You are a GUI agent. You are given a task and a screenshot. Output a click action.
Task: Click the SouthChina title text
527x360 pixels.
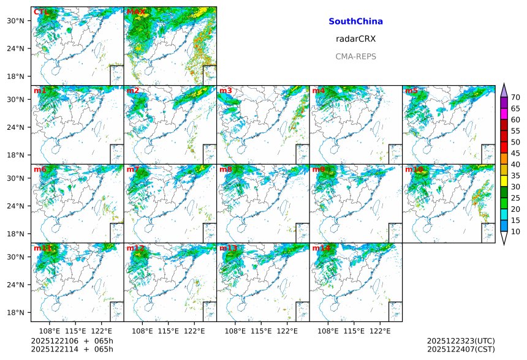point(355,21)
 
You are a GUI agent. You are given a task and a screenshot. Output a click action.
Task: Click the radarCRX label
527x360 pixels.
point(355,39)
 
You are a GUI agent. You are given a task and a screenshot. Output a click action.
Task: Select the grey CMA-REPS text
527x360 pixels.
point(355,56)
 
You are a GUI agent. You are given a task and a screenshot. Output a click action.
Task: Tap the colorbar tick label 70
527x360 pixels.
point(516,97)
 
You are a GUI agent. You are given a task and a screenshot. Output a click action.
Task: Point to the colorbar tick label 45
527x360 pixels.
point(516,153)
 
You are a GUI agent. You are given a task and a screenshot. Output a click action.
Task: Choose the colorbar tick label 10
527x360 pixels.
point(516,231)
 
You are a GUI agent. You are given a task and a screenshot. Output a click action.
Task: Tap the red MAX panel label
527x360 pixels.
point(136,12)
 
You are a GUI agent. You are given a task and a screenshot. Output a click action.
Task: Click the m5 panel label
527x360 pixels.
point(411,91)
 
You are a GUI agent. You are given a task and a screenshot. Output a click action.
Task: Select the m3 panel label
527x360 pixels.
point(226,91)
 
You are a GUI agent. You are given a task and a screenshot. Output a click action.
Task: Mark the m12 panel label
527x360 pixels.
point(135,248)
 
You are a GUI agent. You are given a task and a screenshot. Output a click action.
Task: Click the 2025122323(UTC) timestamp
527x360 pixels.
point(461,340)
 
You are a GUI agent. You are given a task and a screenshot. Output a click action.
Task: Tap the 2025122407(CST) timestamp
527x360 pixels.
point(461,349)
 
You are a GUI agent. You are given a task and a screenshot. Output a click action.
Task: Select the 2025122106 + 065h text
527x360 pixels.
point(72,340)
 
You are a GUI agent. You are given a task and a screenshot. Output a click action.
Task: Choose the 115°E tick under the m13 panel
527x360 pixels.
point(261,331)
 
